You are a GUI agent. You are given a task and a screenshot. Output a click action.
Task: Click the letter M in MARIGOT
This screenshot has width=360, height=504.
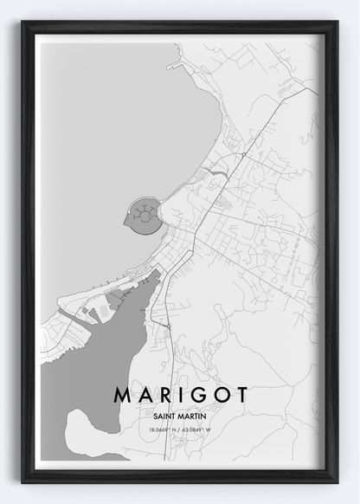point(122,395)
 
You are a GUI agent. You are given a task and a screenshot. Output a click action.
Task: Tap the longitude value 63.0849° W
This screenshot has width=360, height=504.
point(203,428)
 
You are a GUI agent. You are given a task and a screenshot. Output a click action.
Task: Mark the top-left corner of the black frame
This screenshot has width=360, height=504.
point(23,23)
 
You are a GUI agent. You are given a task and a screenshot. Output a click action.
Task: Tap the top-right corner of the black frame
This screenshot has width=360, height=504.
point(336,23)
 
